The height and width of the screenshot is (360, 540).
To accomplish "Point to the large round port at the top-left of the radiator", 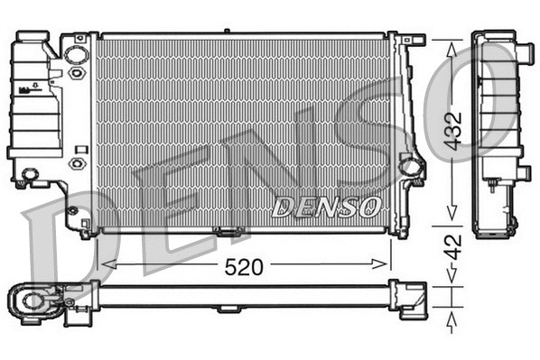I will tap(78, 54).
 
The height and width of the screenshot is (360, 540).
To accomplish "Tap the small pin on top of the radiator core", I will tap(226, 32).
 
